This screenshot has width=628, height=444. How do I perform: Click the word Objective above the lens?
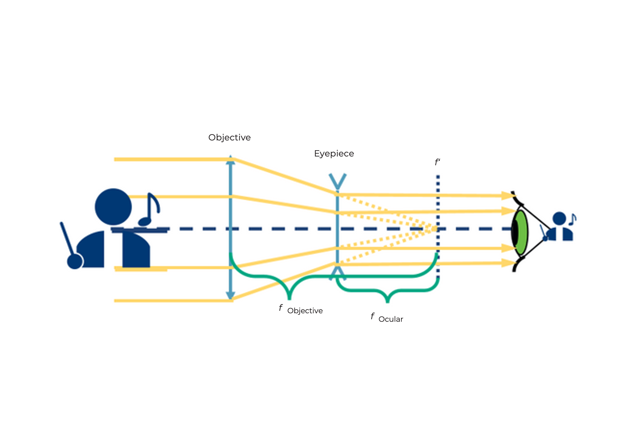click(229, 138)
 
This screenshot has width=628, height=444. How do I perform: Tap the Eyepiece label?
click(334, 154)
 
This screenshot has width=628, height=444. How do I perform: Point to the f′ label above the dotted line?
click(437, 162)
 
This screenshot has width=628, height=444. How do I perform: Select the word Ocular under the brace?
click(391, 319)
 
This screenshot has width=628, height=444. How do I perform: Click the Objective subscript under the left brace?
click(305, 311)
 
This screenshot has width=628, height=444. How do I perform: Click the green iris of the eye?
click(522, 233)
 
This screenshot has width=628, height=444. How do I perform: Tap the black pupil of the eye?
click(515, 233)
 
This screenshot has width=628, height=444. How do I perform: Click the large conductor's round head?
click(113, 207)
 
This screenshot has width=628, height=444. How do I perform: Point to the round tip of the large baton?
click(75, 261)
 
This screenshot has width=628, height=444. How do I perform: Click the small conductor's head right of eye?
click(559, 218)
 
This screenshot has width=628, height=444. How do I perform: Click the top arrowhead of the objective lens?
click(230, 159)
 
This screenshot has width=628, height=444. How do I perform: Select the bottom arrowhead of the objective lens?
click(230, 295)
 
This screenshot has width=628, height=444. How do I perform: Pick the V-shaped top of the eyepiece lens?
click(338, 181)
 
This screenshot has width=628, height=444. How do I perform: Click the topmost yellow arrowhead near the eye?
click(507, 196)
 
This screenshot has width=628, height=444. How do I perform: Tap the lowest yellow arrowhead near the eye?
click(507, 263)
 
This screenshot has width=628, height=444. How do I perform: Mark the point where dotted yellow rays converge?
click(435, 229)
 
